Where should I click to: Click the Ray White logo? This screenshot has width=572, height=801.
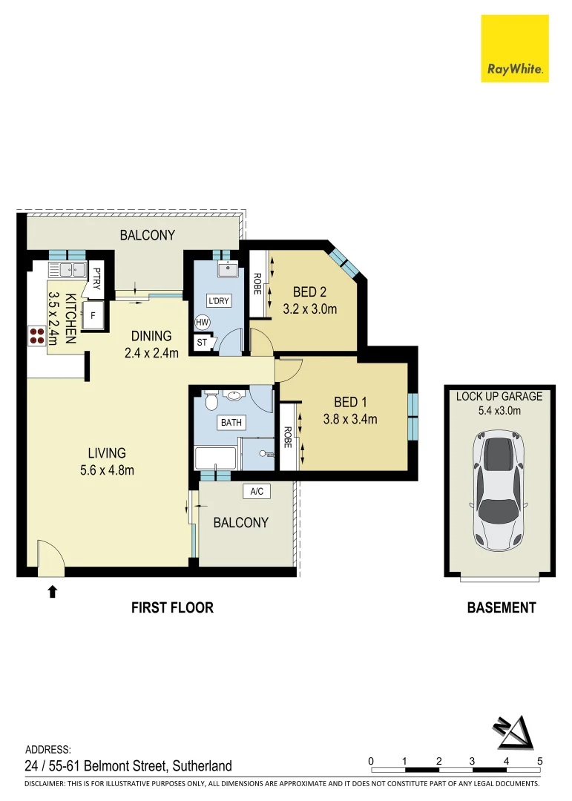point(515,48)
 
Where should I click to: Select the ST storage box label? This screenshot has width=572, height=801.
point(202,343)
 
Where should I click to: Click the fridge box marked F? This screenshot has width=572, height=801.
point(93,314)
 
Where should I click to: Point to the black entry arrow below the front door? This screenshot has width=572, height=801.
point(52,591)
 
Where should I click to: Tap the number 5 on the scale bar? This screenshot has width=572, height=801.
point(540,761)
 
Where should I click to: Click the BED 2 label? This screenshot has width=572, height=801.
point(309,291)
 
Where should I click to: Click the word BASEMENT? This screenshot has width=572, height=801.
point(501,607)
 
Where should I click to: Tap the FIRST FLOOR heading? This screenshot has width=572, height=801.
point(172,607)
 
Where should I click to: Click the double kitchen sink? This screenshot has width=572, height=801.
point(67,270)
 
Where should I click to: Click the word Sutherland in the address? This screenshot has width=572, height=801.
point(204,766)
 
